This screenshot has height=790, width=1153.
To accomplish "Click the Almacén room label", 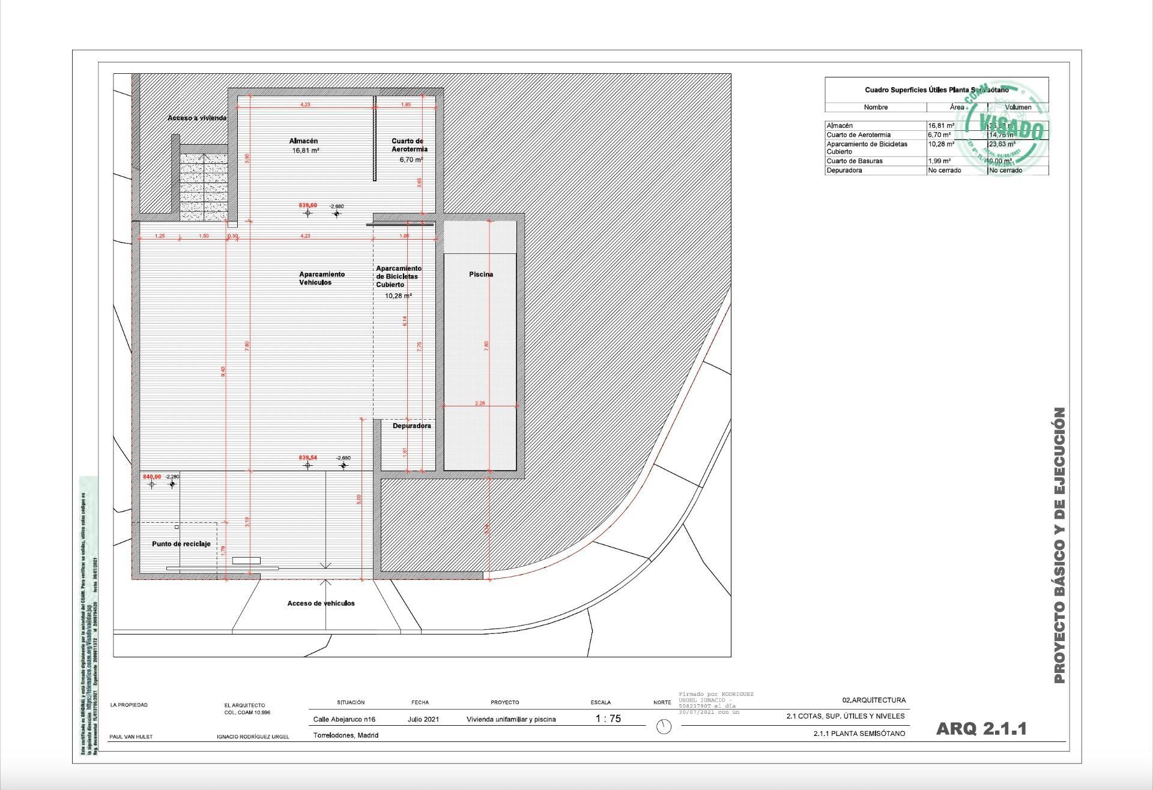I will tap(303, 141).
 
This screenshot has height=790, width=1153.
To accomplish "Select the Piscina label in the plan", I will tap(481, 274).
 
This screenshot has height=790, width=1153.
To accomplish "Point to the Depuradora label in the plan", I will tap(412, 426).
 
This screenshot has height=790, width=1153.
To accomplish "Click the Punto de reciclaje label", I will tap(181, 544).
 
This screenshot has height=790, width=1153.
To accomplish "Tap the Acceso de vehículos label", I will tap(321, 603).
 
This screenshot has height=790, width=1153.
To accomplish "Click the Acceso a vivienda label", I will tap(197, 118).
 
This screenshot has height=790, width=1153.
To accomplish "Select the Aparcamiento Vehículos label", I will tap(322, 278).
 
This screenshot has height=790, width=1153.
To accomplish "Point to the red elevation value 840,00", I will tap(152, 477).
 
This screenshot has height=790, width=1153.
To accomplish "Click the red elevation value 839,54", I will tap(308, 457).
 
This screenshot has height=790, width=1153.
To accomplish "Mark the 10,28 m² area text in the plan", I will tap(399, 296).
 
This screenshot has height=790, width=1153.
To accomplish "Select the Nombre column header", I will tap(876, 107).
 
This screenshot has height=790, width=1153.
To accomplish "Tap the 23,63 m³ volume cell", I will tap(1002, 144).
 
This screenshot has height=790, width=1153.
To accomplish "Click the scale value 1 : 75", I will tap(608, 719).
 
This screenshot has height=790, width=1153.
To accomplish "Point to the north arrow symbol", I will tap(664, 726).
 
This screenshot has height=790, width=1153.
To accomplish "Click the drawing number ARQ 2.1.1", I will tap(981, 729).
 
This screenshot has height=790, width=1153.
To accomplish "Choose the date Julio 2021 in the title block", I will tap(423, 719).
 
